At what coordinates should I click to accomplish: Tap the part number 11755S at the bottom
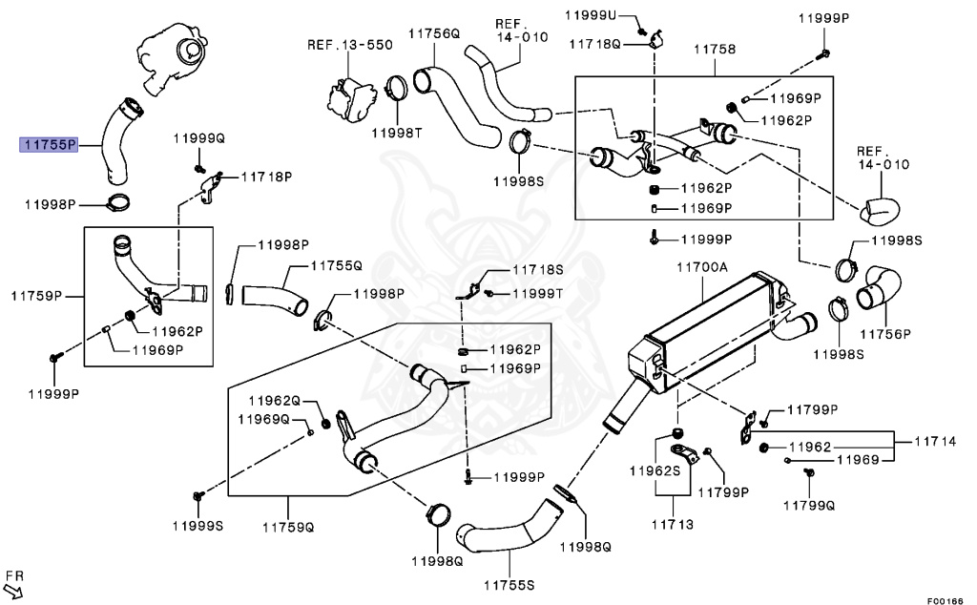(508, 584)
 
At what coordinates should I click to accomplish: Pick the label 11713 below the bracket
(673, 525)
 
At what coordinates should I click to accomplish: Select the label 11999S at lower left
(197, 525)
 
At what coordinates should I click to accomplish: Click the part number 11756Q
(434, 33)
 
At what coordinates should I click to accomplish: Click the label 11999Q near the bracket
(198, 139)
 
